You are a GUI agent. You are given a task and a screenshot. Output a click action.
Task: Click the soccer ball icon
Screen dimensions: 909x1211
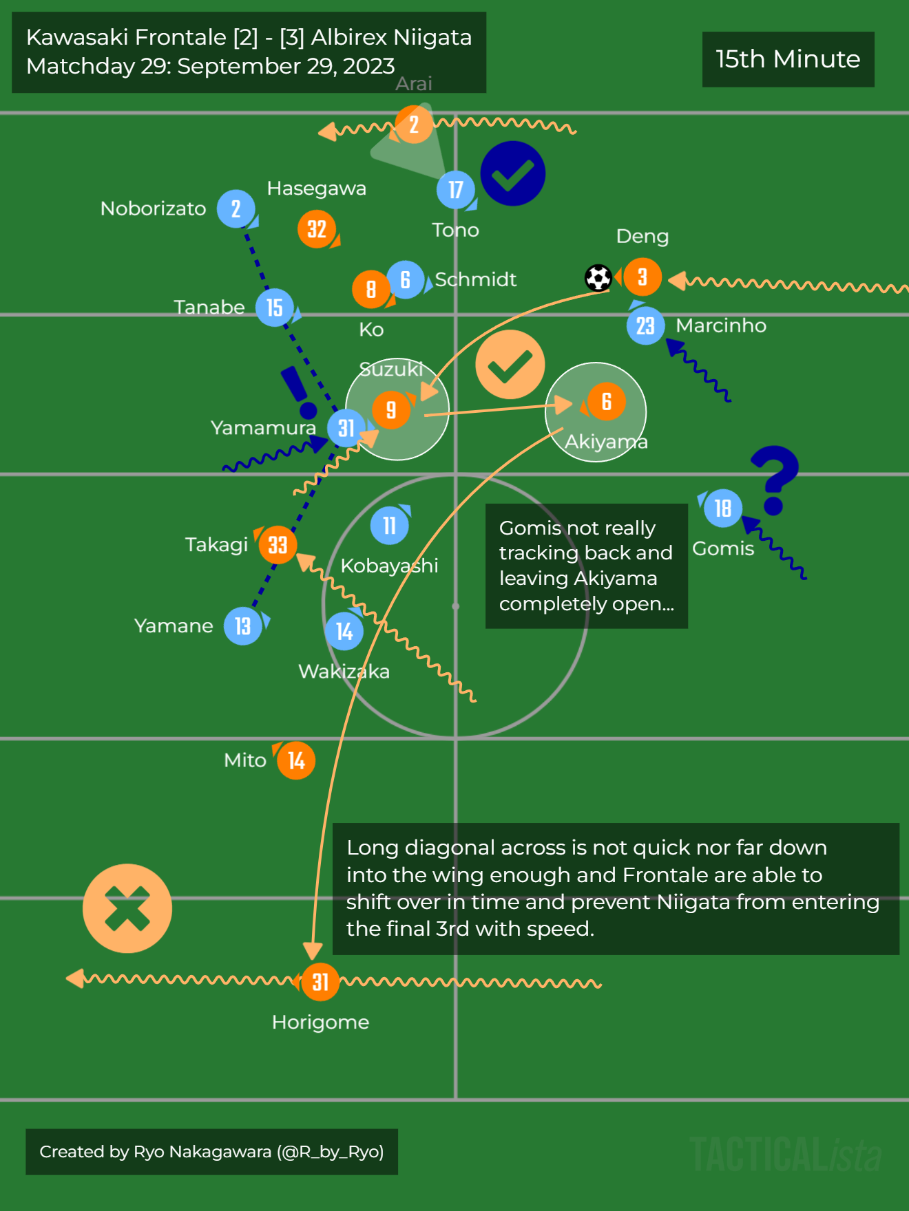coord(598,278)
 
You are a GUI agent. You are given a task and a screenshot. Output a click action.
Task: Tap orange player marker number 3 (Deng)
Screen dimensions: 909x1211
coord(642,277)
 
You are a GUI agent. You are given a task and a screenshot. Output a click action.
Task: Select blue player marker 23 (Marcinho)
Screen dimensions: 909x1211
coord(645,325)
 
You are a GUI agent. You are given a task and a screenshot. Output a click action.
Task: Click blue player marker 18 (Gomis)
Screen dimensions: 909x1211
coord(722,508)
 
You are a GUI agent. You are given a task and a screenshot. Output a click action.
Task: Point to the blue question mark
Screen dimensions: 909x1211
coord(775,479)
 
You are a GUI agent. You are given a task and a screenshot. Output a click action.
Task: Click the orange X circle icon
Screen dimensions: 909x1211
coord(127,908)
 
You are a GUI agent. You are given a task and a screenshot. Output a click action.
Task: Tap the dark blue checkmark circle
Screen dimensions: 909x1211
coord(513,173)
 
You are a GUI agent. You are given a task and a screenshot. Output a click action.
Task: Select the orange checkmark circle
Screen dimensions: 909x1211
coord(510,365)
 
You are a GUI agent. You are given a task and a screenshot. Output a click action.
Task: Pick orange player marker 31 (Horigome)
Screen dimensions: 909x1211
coord(320,982)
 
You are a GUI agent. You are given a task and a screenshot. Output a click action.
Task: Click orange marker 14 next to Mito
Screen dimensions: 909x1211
coord(296,760)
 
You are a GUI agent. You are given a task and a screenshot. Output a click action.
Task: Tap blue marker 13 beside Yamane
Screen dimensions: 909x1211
coord(243,626)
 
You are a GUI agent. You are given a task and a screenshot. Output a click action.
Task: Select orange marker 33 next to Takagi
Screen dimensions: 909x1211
coord(278,545)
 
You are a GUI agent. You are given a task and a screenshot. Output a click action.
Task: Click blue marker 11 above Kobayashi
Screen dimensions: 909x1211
coord(390,526)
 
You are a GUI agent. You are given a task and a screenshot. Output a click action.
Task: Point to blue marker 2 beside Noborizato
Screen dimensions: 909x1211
coord(236,208)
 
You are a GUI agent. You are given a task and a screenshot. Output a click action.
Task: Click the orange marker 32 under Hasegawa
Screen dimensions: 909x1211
coord(317,229)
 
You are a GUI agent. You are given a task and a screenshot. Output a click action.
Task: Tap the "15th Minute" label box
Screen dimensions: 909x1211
coord(788,59)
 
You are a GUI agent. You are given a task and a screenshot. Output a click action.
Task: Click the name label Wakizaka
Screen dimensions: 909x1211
coord(344,672)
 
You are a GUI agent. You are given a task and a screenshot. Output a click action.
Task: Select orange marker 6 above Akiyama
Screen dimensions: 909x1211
coord(606,401)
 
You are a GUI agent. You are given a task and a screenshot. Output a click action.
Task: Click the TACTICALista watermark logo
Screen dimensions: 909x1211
coord(785,1154)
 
